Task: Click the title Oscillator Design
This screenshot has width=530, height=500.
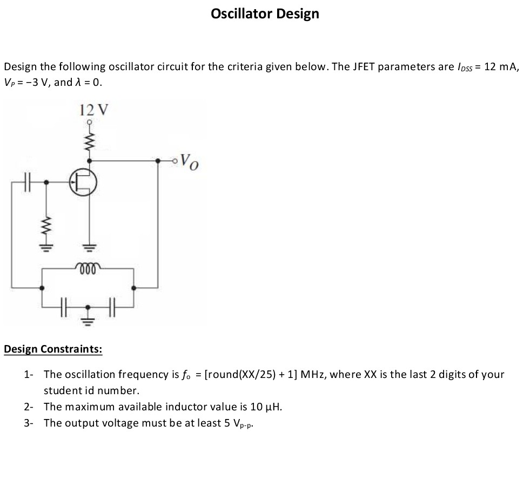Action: [x=265, y=14]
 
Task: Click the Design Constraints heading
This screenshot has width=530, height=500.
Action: [x=52, y=349]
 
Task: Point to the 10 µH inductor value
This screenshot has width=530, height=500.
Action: [x=265, y=407]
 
